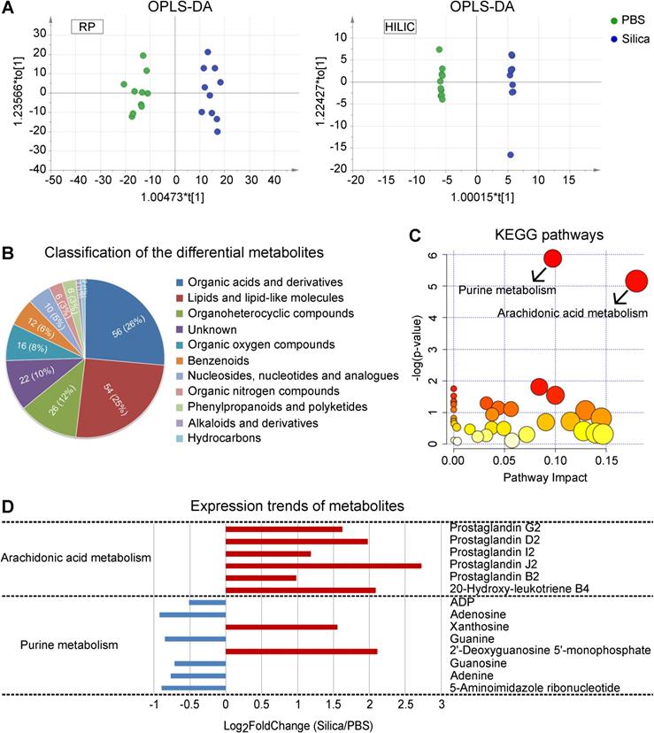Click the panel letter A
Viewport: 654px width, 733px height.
(9, 10)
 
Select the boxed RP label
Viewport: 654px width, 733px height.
(87, 27)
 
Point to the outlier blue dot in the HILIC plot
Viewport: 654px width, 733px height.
(511, 155)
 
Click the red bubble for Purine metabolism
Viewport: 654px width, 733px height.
(554, 258)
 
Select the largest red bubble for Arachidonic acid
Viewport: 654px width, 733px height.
(637, 281)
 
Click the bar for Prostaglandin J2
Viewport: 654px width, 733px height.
(323, 565)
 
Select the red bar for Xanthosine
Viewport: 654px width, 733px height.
(281, 627)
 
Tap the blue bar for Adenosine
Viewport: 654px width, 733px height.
(192, 614)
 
